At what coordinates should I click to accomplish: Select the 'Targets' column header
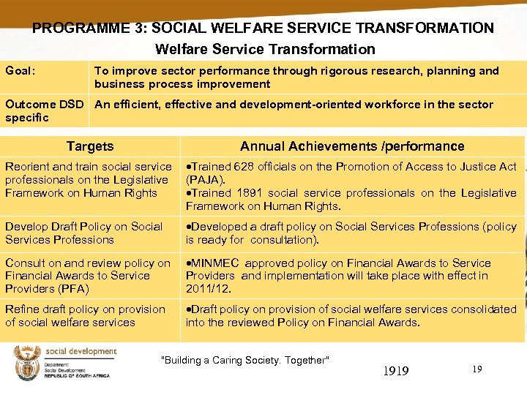[90, 146]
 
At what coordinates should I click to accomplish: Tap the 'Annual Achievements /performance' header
[352, 146]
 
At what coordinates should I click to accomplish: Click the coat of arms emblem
[27, 363]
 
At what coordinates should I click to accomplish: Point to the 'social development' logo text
[81, 352]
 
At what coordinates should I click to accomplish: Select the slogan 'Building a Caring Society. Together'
[245, 360]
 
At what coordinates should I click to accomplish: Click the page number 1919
[396, 371]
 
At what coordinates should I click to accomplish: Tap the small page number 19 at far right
[476, 369]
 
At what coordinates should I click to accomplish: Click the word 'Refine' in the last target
[22, 309]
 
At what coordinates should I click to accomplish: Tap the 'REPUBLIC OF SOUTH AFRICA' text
[78, 375]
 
